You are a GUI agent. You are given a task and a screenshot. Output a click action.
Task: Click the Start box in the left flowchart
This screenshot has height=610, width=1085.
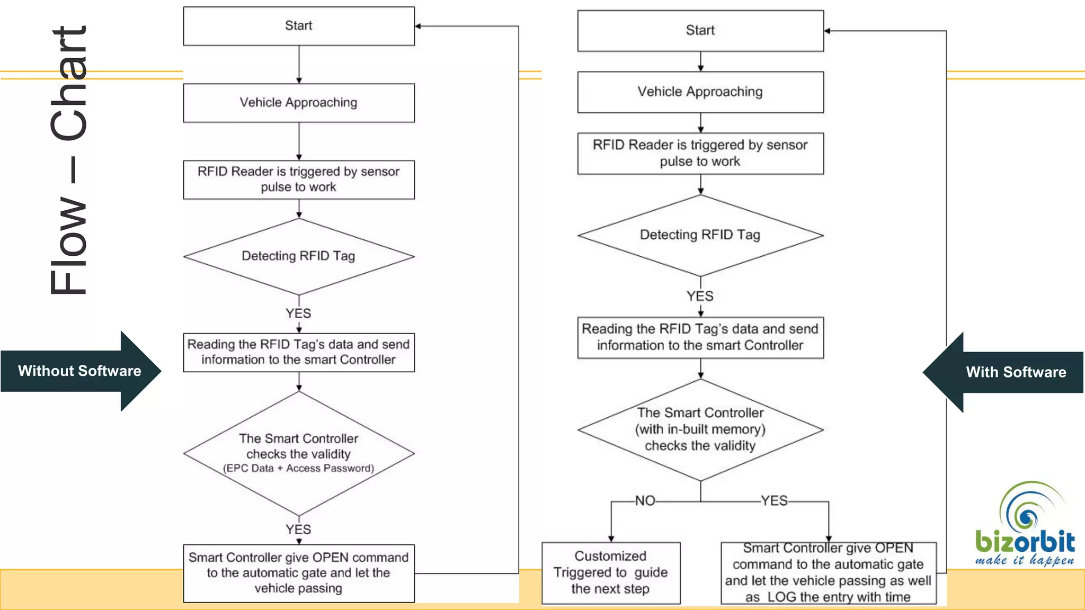click(299, 26)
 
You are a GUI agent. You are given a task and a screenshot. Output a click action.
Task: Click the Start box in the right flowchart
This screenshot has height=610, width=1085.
click(700, 31)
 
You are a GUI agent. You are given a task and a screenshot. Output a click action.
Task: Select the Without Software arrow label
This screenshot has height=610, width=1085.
click(79, 371)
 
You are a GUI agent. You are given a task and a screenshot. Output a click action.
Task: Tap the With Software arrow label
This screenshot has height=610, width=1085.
click(1015, 372)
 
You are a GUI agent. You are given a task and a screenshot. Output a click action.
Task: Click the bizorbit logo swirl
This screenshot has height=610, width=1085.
click(1028, 512)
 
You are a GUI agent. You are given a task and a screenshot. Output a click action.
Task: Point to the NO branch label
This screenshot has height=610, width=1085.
click(645, 501)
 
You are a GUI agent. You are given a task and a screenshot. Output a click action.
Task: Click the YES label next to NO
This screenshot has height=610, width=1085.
click(774, 501)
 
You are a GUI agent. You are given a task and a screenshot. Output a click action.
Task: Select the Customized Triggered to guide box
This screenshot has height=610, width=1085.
click(610, 572)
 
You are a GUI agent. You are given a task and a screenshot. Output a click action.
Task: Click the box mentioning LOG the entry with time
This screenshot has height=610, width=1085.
click(828, 572)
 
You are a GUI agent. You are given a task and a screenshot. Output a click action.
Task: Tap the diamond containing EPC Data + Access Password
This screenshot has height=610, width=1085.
click(299, 454)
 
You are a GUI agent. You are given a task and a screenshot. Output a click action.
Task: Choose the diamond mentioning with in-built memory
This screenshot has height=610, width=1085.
click(700, 429)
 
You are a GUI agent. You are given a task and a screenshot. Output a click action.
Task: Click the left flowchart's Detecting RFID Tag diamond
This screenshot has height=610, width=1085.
click(299, 256)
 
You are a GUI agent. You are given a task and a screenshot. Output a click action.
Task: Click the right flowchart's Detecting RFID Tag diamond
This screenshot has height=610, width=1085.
click(700, 235)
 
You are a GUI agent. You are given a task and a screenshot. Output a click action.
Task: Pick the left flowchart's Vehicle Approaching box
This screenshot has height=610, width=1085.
click(299, 103)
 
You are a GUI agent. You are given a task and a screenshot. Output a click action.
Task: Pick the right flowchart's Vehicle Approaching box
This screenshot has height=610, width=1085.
click(700, 92)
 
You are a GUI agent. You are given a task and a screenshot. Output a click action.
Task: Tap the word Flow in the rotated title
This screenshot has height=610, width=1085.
click(69, 246)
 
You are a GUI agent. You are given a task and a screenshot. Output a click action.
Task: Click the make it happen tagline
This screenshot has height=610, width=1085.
click(1025, 560)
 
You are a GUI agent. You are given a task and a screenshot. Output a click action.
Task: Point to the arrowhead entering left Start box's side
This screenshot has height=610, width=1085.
click(418, 26)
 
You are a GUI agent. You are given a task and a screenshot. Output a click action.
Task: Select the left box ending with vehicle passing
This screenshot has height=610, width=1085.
click(299, 573)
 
